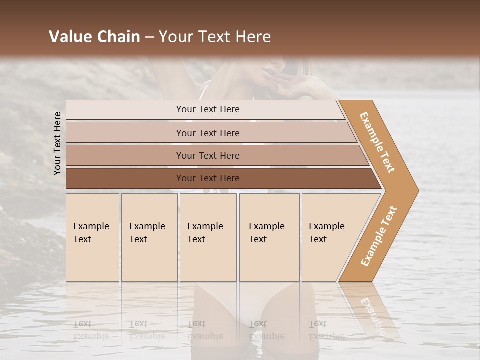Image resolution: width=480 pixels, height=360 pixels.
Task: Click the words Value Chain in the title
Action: coord(94,37)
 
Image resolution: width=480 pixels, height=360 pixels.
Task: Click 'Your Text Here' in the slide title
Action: coord(215,37)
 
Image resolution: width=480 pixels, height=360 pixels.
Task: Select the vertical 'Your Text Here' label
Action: coord(57,143)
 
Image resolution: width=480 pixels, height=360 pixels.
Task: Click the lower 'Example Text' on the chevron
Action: coord(379,236)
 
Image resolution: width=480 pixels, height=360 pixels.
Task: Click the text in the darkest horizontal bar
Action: coord(208,178)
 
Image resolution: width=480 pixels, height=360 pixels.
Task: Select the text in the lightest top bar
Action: coord(208,109)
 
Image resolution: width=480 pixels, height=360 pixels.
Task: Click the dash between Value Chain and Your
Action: coord(149,37)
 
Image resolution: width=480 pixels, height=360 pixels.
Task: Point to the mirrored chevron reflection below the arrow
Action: coord(370,312)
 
